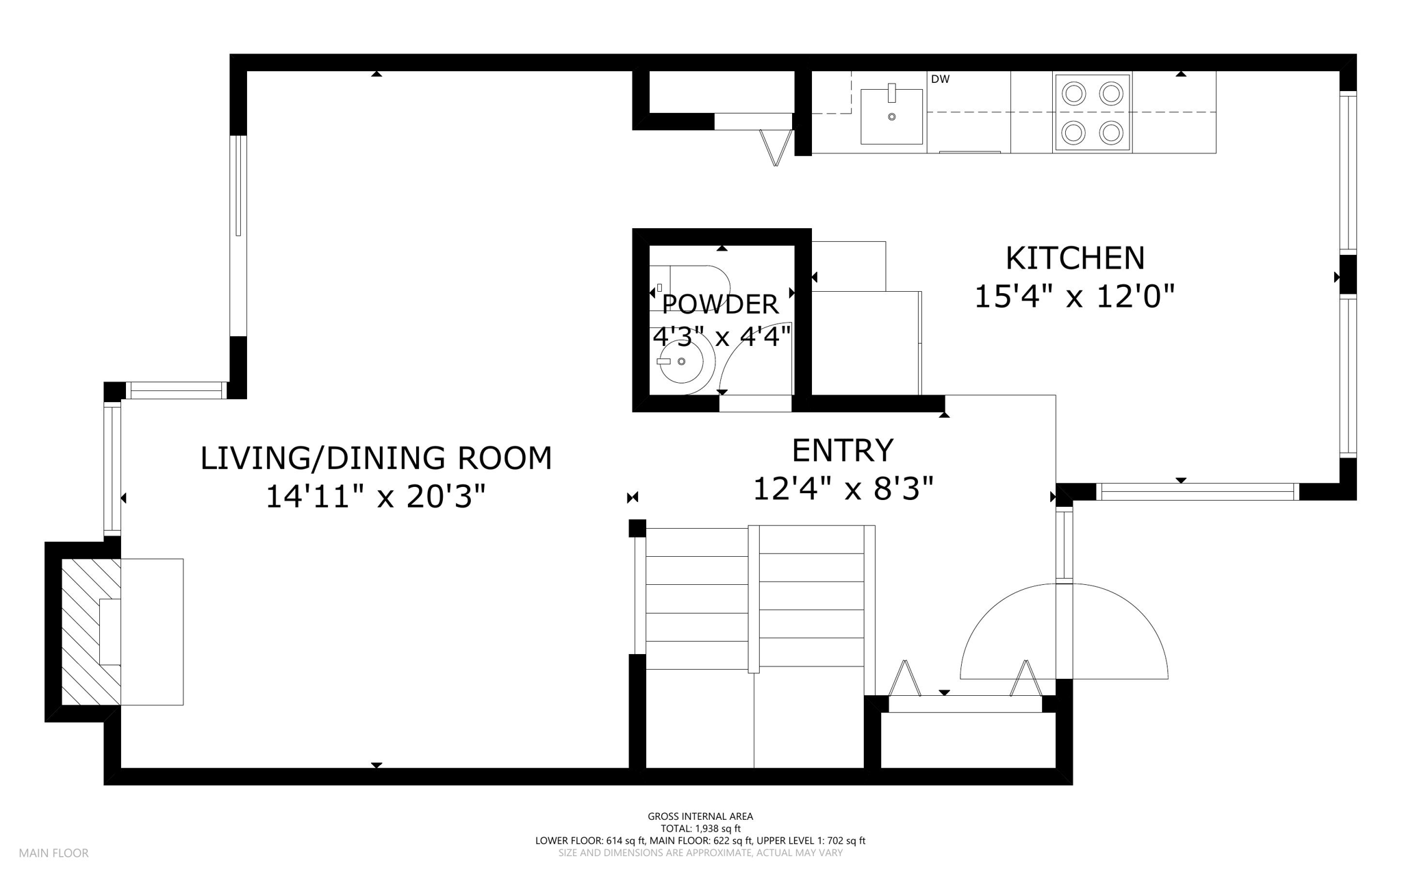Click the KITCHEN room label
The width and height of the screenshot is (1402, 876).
1075,258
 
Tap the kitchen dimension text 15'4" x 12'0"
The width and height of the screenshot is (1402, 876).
1074,297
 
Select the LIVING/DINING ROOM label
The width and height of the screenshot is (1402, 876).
376,458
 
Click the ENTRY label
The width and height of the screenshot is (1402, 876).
843,451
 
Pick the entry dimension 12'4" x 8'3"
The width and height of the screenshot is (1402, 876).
843,489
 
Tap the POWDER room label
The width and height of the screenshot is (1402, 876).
720,304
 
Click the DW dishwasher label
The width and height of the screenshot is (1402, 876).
940,79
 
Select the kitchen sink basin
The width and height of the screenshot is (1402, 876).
891,116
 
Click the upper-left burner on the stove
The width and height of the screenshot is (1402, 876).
1075,92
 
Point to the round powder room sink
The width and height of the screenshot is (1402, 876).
681,361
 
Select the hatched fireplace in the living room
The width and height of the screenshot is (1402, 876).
90,631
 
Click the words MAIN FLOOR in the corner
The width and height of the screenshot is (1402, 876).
53,853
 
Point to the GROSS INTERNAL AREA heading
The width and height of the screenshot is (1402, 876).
700,816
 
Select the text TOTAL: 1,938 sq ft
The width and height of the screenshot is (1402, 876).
700,829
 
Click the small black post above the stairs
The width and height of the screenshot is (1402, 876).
637,528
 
